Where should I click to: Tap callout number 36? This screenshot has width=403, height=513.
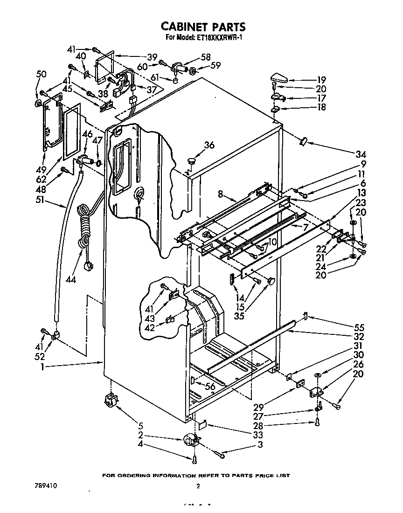(209, 146)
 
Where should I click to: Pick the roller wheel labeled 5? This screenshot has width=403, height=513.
(111, 399)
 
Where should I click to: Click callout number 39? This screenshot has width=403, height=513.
(152, 57)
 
